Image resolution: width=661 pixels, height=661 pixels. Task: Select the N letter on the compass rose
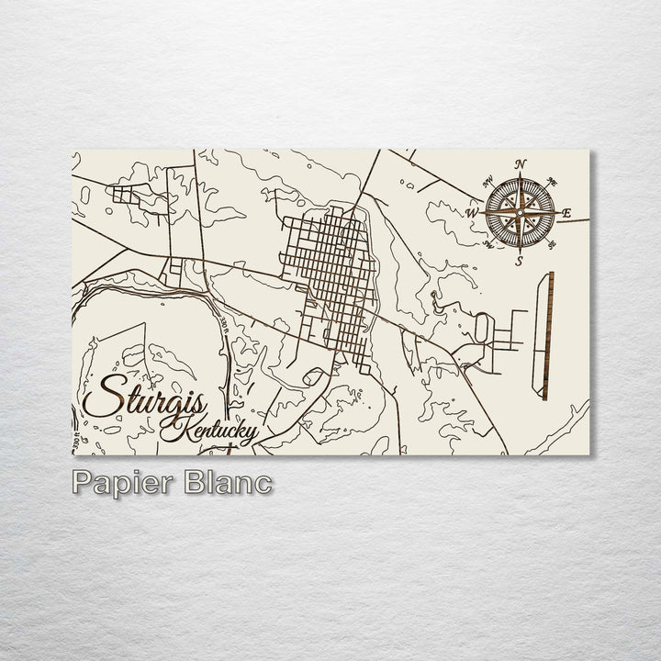(521, 165)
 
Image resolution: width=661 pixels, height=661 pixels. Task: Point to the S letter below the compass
(519, 262)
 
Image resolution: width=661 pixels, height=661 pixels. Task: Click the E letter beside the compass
(566, 214)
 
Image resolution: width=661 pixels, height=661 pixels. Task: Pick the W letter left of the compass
(472, 214)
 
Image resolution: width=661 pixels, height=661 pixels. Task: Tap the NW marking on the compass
(487, 181)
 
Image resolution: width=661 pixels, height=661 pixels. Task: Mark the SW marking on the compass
(487, 245)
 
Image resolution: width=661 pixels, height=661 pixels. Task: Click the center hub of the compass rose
(520, 214)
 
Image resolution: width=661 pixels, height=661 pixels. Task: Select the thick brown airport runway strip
(548, 335)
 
